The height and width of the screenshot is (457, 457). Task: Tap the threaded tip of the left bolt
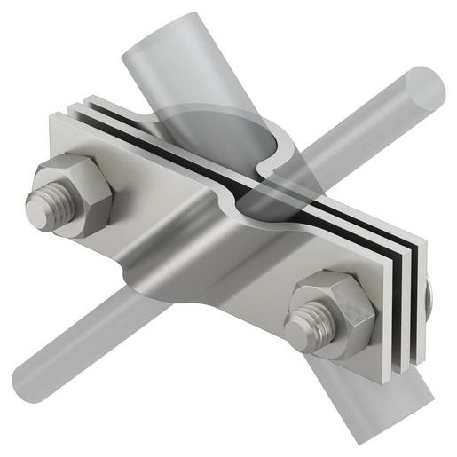41,206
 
